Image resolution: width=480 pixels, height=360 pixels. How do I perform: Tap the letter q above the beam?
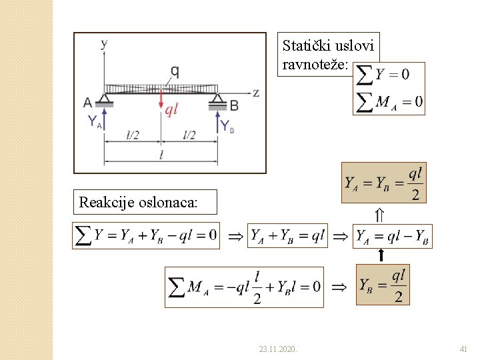174,71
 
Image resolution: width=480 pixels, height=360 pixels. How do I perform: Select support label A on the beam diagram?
88,103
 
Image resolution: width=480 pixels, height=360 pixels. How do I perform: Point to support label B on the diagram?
234,105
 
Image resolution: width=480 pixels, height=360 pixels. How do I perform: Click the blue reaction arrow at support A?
103,117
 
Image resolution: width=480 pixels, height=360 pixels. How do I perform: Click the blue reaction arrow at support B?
218,119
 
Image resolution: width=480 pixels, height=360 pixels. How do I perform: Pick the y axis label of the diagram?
104,44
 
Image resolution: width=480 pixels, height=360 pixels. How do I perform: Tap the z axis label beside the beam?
255,93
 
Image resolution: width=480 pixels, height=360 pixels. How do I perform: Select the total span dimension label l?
161,155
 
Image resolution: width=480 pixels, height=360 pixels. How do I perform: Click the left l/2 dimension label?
133,135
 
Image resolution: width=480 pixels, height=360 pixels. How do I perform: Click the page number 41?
464,348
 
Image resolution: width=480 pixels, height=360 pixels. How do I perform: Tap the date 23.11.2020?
278,348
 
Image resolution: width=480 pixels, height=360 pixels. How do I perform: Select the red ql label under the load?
172,111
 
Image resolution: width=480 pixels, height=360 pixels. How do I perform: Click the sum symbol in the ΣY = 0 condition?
365,74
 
